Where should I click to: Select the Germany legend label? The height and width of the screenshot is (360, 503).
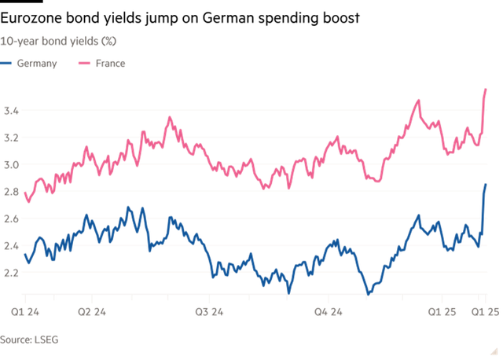37,64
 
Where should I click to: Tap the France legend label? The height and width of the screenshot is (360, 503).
109,64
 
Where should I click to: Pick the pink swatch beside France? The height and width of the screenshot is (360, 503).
83,64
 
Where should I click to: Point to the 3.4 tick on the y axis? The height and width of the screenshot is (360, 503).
12,112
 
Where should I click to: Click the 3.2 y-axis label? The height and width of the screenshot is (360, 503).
12,138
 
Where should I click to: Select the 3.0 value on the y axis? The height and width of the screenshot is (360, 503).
12,165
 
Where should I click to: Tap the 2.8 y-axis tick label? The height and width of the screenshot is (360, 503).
12,192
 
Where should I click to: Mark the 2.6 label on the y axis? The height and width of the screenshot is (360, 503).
12,219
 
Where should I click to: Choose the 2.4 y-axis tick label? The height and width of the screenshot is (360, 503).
12,246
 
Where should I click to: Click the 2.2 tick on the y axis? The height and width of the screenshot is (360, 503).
12,273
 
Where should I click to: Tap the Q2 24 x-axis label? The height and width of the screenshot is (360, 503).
93,312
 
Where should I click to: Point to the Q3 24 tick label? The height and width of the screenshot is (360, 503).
210,312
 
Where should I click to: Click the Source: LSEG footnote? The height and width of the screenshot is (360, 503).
30,340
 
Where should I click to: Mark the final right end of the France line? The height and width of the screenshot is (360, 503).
486,89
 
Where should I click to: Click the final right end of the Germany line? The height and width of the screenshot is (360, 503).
486,185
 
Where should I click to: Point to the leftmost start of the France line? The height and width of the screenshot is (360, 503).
24,191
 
